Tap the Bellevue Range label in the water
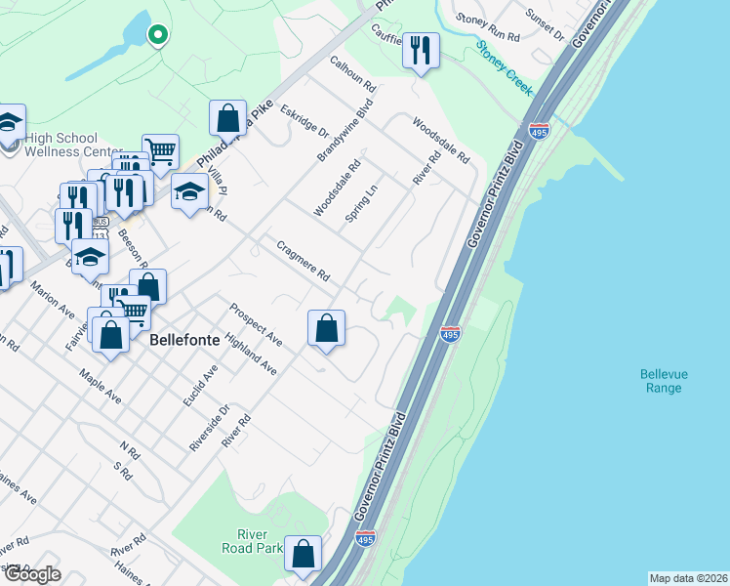[661, 381]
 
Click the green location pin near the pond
[156, 35]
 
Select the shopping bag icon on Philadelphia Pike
[227, 118]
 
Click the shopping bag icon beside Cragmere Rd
[327, 327]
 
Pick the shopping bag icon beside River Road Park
[304, 553]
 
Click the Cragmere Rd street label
[304, 262]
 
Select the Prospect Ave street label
[256, 325]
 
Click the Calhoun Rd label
[352, 73]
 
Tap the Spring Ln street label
[361, 202]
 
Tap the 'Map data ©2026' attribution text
[688, 578]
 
